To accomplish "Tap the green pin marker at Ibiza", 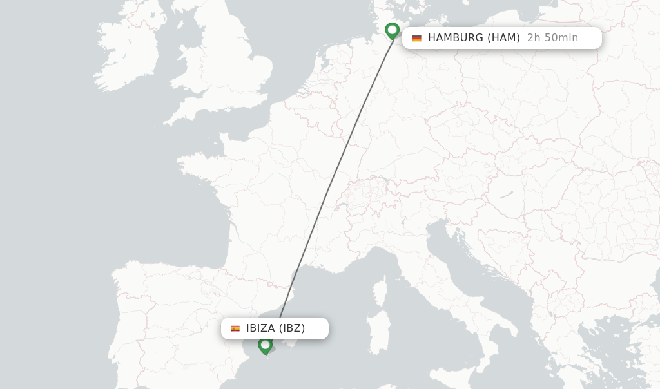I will (x=265, y=345).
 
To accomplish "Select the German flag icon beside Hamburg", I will (x=416, y=38).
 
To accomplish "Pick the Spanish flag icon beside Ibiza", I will (x=235, y=328).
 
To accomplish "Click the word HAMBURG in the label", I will (x=456, y=38).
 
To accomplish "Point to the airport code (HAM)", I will (x=503, y=38).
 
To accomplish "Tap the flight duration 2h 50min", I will (x=552, y=38).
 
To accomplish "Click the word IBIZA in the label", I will (x=260, y=328).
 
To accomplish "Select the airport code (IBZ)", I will (x=292, y=328).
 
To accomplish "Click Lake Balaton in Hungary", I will (x=507, y=194).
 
